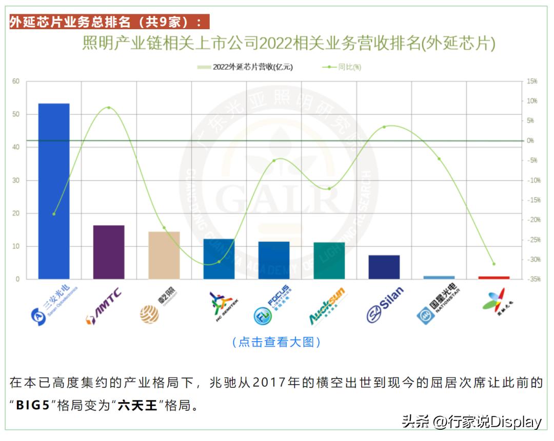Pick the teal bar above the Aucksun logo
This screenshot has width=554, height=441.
click(x=329, y=261)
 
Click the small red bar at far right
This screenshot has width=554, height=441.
click(x=494, y=278)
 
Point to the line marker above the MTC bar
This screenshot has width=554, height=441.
click(x=109, y=108)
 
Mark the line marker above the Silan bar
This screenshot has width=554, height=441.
click(x=384, y=127)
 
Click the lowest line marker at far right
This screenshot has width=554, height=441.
click(x=494, y=264)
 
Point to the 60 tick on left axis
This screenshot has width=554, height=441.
click(x=16, y=81)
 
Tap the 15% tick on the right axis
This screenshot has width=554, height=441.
click(x=531, y=81)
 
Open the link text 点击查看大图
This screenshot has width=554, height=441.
click(x=276, y=342)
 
